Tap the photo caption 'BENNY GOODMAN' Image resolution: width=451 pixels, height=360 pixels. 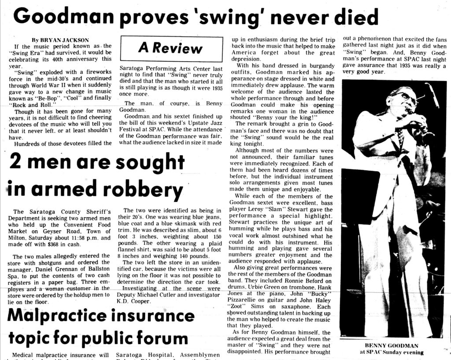pos(392,346)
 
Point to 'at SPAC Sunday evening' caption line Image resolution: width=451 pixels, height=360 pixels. pos(392,352)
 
